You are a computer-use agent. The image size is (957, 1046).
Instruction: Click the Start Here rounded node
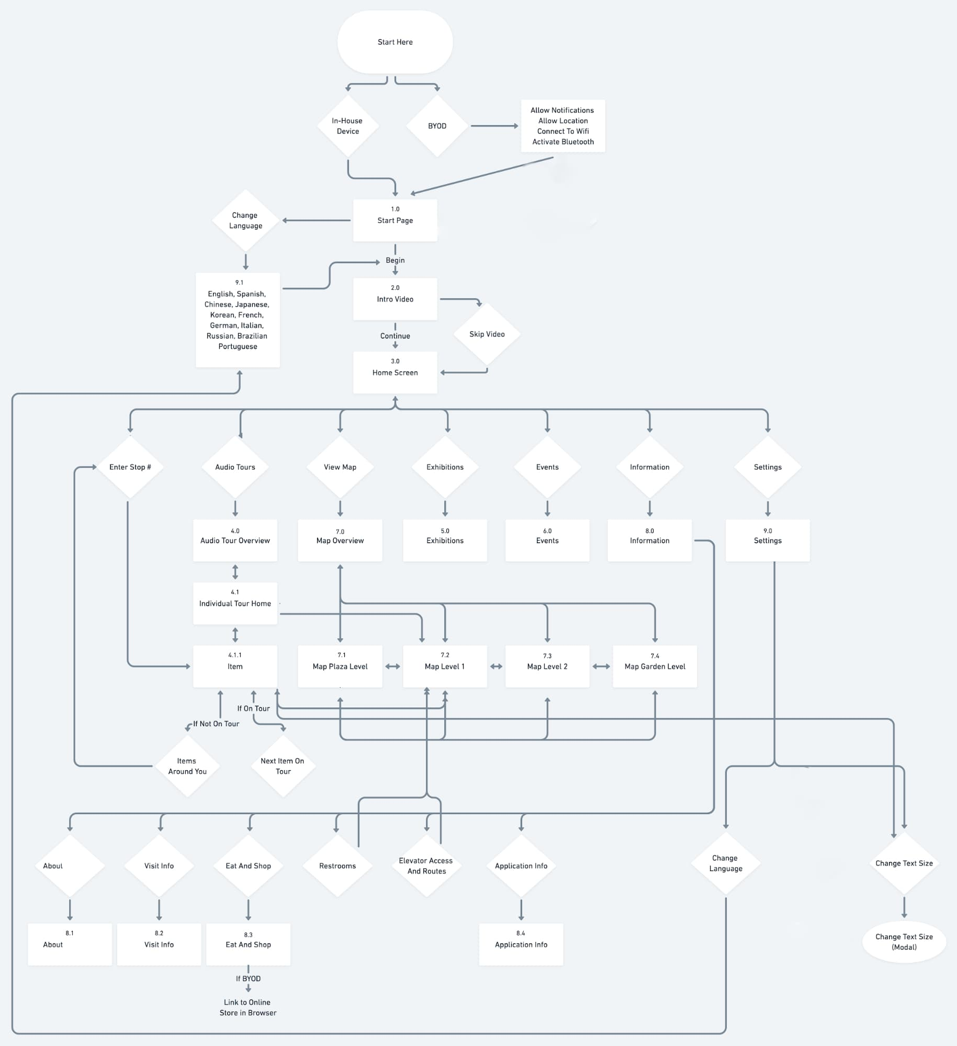click(x=395, y=42)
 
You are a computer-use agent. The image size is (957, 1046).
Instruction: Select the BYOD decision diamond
click(x=437, y=126)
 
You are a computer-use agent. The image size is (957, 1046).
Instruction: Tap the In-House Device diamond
click(x=348, y=126)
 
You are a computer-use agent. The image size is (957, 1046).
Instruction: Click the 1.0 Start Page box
click(x=395, y=220)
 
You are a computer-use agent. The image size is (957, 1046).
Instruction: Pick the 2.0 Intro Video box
click(x=395, y=299)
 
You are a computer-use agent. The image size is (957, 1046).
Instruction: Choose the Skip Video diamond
click(x=487, y=334)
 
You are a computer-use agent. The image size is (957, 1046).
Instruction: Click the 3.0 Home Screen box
click(x=395, y=372)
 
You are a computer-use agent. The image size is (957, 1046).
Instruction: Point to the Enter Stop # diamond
click(x=130, y=467)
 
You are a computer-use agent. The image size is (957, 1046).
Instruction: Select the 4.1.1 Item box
click(x=235, y=666)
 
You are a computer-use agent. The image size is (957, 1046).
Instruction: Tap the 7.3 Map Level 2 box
click(x=547, y=666)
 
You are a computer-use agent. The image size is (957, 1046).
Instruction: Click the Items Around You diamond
click(x=187, y=766)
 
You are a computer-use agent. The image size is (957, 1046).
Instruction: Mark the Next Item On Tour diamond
click(x=283, y=766)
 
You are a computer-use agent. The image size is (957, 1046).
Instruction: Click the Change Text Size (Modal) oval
click(x=904, y=942)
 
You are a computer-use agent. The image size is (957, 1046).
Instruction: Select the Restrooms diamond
click(x=337, y=865)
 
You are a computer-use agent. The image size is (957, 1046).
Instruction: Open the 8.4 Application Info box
click(x=521, y=944)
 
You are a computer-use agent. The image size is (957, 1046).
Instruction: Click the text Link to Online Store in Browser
click(x=248, y=1007)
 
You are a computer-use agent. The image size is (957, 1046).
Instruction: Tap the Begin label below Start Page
click(x=395, y=260)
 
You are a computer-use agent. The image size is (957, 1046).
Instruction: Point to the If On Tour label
click(x=254, y=708)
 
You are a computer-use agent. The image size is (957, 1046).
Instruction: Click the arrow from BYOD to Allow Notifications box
click(x=494, y=126)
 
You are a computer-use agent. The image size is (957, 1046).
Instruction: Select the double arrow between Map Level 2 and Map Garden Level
click(x=601, y=666)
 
